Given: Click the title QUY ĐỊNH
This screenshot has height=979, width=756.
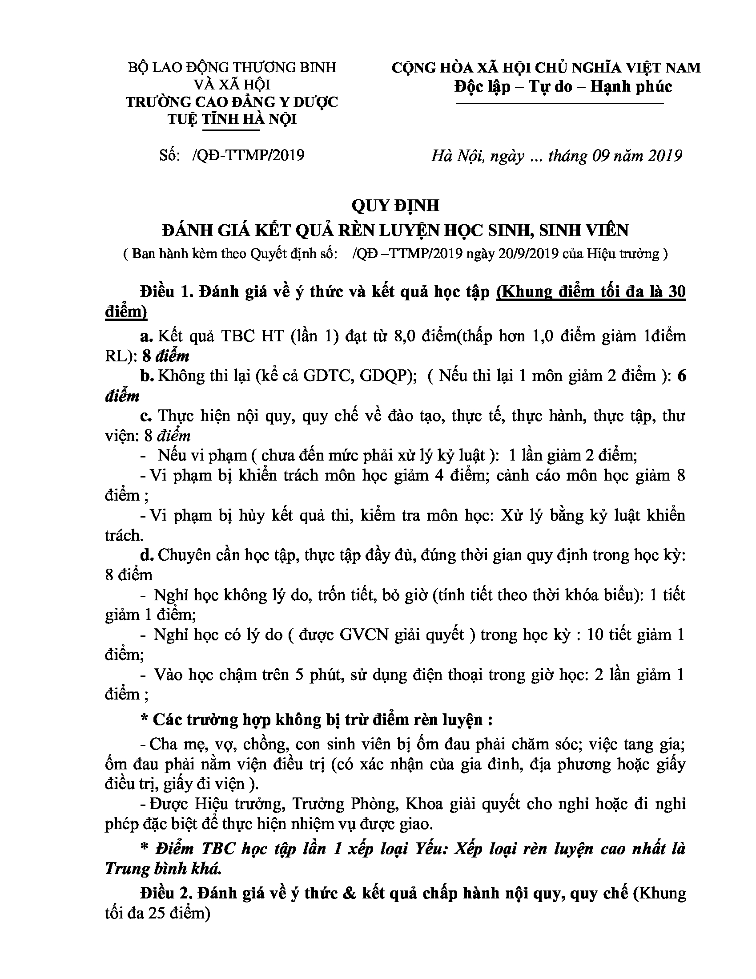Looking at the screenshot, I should click(x=395, y=205).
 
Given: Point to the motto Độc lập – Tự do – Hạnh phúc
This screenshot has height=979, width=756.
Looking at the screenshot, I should click(x=563, y=86).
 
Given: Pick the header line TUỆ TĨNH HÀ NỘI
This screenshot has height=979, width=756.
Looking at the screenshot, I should click(x=232, y=119).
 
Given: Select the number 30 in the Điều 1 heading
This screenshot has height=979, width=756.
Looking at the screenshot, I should click(x=676, y=292).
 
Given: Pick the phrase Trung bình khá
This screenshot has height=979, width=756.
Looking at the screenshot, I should click(x=163, y=869).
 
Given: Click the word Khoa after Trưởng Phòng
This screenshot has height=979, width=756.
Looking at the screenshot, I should click(x=424, y=804).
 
